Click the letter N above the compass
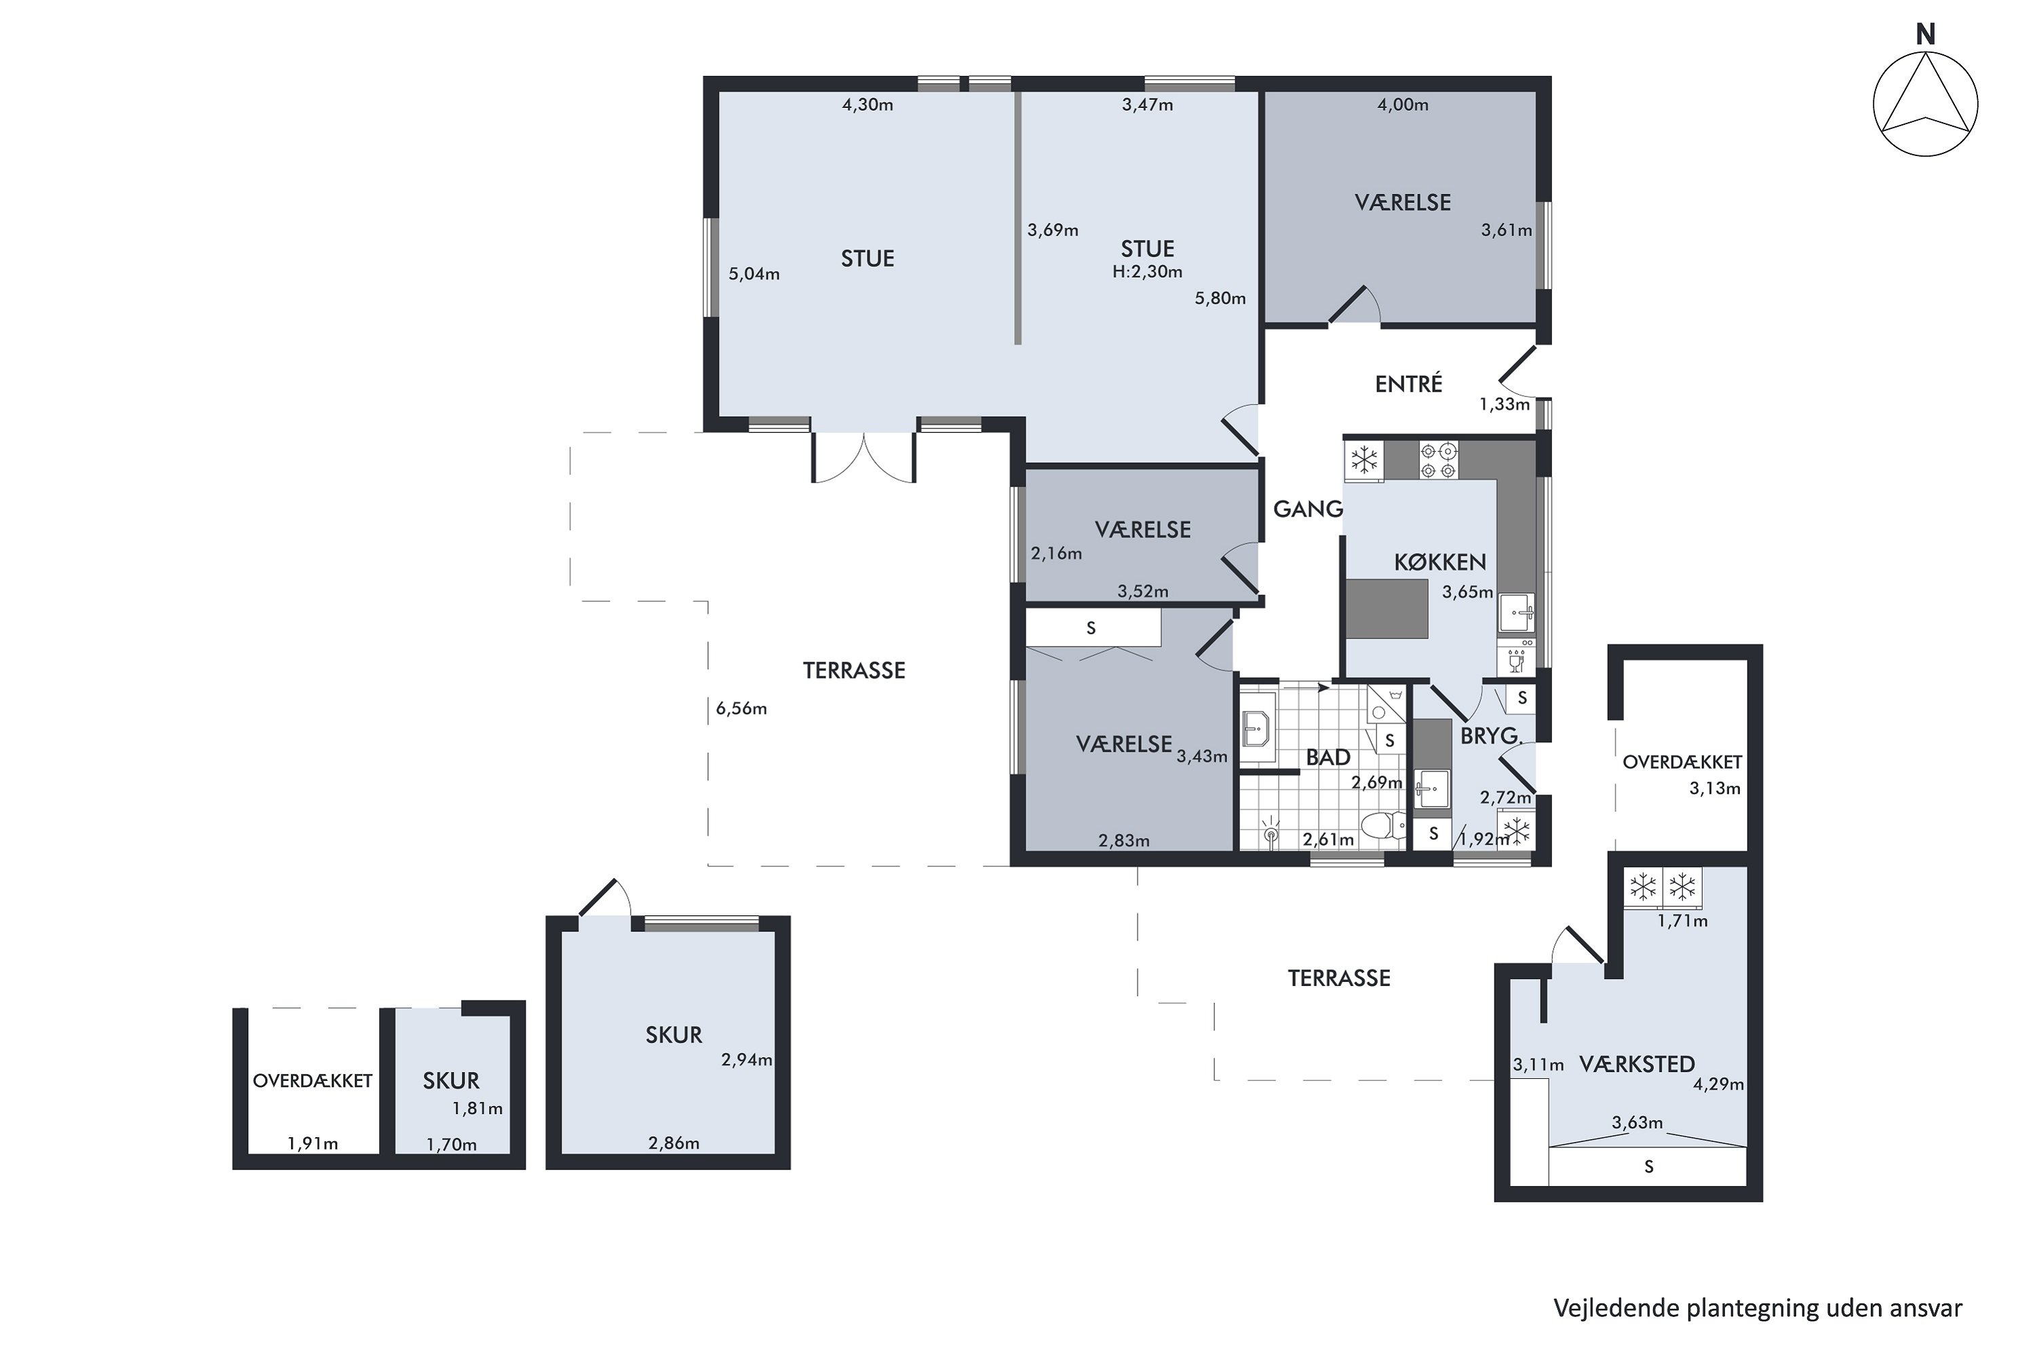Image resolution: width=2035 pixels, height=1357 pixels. (1925, 35)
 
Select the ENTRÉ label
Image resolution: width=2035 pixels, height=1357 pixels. (1409, 383)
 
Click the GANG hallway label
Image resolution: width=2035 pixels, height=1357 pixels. (1309, 509)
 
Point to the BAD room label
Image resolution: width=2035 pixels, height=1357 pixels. (1328, 757)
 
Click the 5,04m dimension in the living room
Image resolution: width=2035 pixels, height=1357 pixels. (754, 274)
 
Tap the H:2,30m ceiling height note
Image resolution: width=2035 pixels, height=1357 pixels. (1147, 272)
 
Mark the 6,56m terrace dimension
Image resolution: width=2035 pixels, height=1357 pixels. (741, 709)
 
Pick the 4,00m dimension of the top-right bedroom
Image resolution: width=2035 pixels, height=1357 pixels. (1403, 104)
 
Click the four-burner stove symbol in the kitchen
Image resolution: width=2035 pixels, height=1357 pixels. (1438, 461)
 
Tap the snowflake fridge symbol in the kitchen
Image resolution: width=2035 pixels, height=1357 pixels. (1364, 461)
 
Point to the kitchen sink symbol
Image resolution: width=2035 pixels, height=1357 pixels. (1517, 613)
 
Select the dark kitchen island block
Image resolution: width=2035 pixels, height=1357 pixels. (1387, 609)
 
